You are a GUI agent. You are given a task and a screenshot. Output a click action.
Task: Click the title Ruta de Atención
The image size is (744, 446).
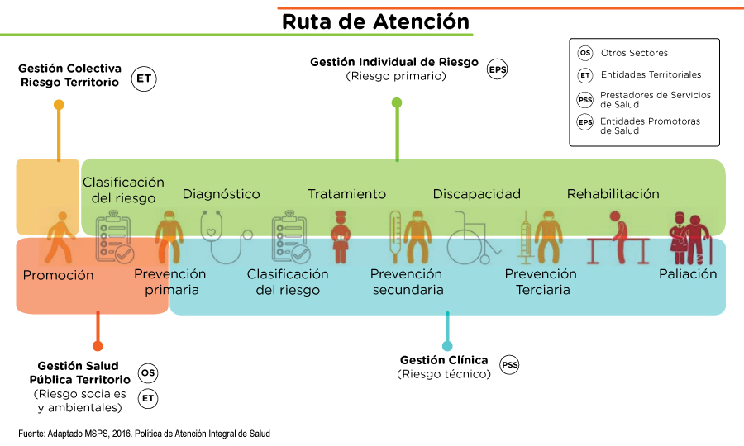tap(375, 21)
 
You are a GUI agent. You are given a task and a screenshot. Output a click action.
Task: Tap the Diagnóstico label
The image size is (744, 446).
tap(221, 194)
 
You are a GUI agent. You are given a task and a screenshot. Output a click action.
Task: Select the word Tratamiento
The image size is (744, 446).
tap(346, 194)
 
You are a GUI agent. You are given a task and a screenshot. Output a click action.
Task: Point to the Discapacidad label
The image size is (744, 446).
tap(476, 194)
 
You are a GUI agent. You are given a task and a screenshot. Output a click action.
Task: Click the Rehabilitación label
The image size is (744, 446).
tap(613, 194)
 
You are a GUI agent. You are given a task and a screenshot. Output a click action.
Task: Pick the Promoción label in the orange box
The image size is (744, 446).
tap(58, 275)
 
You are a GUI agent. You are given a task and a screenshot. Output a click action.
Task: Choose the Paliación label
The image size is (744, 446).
tap(688, 273)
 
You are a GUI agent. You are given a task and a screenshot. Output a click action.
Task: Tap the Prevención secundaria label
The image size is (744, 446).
tap(408, 282)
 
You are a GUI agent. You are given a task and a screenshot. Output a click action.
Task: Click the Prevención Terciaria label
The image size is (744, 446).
tap(541, 282)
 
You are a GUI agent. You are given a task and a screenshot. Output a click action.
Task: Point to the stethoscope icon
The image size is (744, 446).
tap(224, 235)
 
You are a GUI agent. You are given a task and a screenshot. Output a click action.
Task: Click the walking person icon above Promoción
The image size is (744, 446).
tap(59, 237)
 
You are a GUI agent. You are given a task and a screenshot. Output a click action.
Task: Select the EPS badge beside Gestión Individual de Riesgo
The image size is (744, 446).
tap(497, 69)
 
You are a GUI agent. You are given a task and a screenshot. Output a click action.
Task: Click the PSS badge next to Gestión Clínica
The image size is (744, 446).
tap(509, 365)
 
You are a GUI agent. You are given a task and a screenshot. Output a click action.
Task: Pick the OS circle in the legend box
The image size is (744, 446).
tap(585, 53)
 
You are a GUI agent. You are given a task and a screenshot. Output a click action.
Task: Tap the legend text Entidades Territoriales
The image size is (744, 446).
tap(651, 74)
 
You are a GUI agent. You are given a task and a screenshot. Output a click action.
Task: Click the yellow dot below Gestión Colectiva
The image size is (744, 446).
tap(59, 105)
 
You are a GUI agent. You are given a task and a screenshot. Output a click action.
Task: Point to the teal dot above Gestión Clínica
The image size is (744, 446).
tap(447, 345)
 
